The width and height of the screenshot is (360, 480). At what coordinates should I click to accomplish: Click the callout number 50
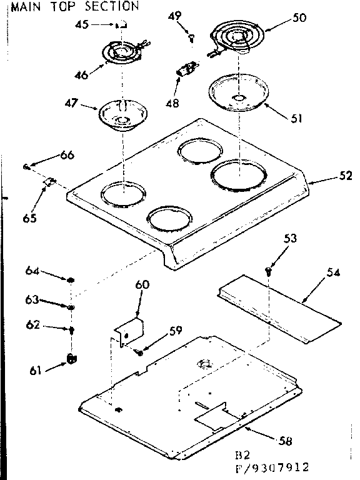pyautogui.click(x=299, y=18)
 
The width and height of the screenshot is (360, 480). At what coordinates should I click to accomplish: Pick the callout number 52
pyautogui.click(x=344, y=176)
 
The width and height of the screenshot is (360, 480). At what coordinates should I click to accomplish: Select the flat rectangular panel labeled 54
pyautogui.click(x=281, y=309)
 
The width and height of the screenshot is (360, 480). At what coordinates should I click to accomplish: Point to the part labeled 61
pyautogui.click(x=71, y=358)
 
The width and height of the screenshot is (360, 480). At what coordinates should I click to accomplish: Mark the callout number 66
pyautogui.click(x=67, y=155)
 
